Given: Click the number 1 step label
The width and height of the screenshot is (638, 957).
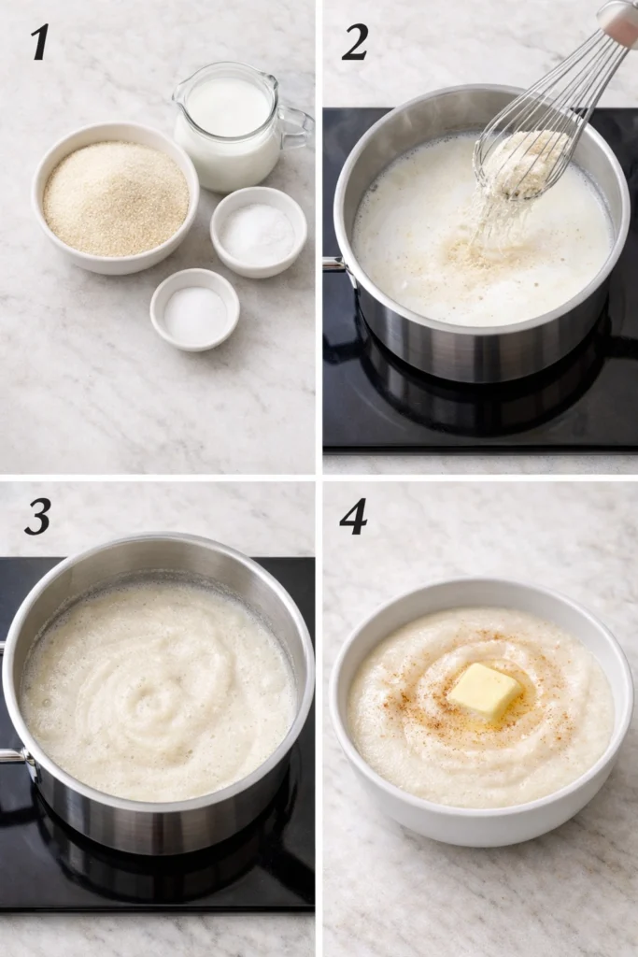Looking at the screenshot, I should [x=38, y=42].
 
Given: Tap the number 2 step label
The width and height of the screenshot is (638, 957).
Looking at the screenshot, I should [x=354, y=42].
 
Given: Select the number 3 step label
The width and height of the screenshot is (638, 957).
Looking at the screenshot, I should [x=37, y=517].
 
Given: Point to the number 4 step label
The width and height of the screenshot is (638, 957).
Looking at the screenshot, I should [x=353, y=517].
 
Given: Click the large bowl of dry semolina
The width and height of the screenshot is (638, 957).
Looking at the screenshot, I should [x=115, y=197].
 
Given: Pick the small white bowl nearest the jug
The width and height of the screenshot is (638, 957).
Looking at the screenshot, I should [x=258, y=232].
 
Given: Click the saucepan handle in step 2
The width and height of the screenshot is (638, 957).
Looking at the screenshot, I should [x=334, y=265].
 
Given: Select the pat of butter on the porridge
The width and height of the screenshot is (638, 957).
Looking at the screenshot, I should [x=484, y=692].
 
